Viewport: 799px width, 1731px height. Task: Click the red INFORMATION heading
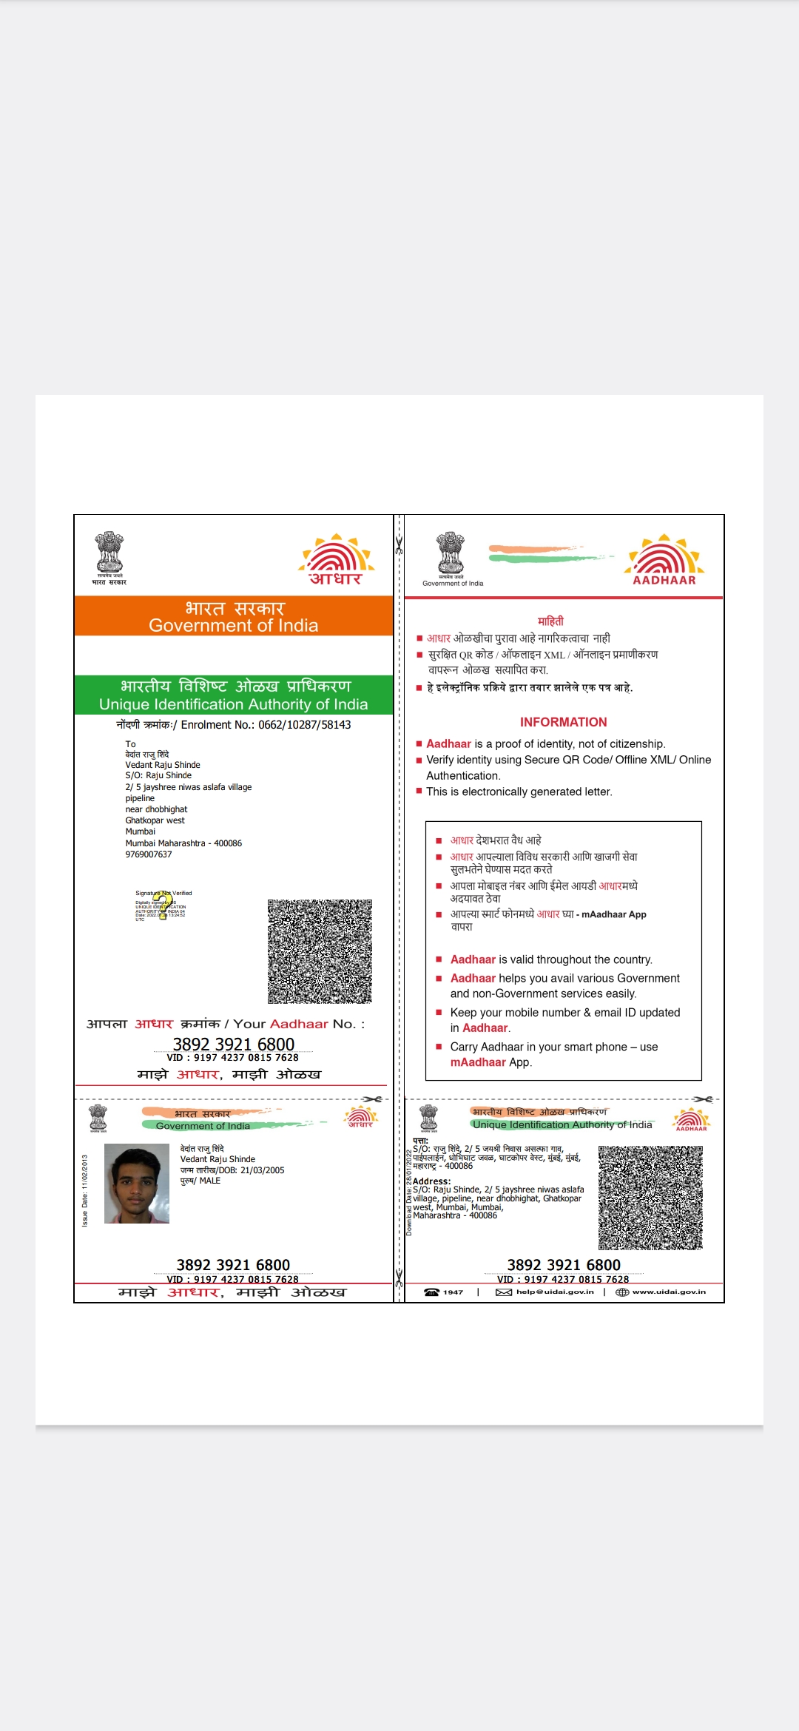563,722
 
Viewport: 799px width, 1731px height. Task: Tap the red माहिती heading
550,621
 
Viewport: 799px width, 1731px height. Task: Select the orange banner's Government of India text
233,626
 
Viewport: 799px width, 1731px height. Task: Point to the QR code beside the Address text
650,1198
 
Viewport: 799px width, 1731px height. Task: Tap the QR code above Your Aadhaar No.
320,951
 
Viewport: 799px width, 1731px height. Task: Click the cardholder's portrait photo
137,1184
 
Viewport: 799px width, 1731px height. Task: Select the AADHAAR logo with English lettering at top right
664,560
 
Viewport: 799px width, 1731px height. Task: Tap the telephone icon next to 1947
431,1292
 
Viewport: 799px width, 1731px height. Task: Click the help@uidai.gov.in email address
555,1292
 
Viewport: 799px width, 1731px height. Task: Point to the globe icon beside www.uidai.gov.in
622,1292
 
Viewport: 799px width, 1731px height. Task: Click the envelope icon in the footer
504,1292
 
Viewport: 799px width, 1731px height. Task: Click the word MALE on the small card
210,1181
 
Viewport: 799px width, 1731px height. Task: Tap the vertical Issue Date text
85,1190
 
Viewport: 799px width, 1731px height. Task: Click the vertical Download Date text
409,1192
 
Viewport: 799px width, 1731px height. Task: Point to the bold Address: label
431,1181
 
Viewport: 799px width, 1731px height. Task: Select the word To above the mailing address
130,744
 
